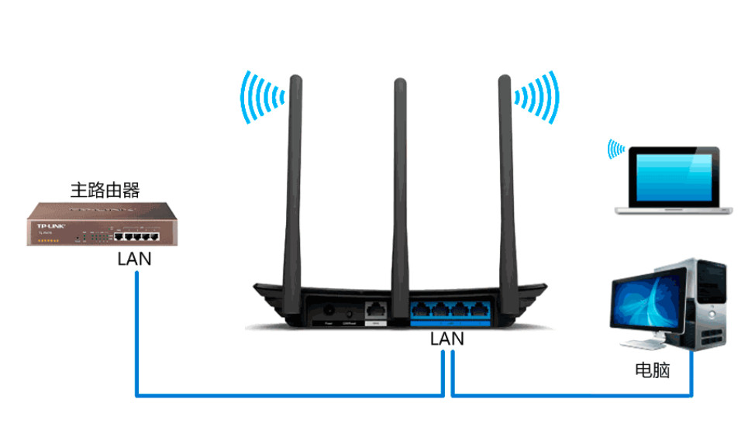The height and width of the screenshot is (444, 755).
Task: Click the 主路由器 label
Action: (x=105, y=190)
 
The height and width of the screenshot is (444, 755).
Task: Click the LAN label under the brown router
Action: (x=134, y=259)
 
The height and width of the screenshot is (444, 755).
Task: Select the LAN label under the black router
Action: (x=447, y=339)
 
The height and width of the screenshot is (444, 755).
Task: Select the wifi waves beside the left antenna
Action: (x=260, y=97)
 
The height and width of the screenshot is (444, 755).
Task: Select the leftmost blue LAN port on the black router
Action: (x=422, y=308)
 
